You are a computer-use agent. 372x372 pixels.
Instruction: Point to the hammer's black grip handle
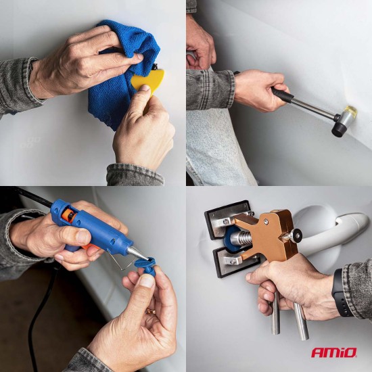[x=282, y=95]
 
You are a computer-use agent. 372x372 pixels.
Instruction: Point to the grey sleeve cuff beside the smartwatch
[x=358, y=284]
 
